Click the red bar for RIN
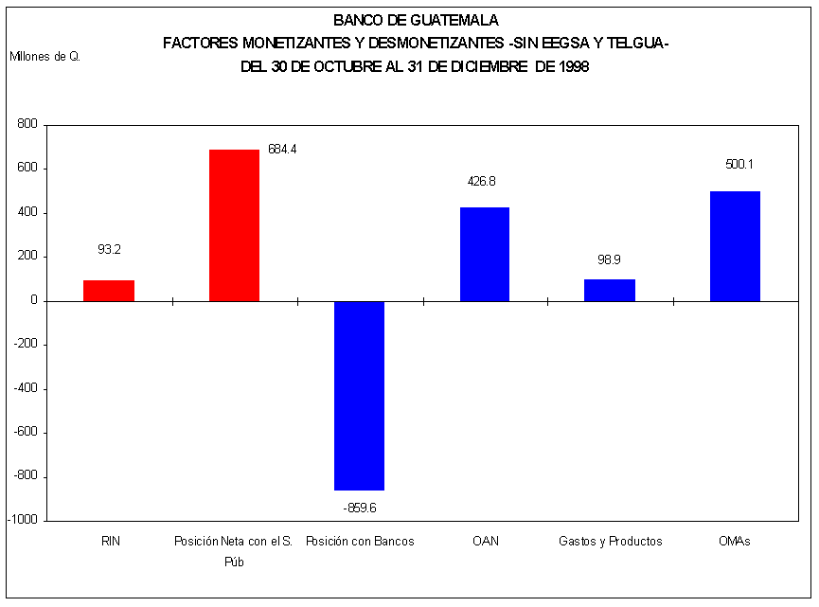(x=109, y=291)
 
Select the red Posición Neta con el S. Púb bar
(x=234, y=225)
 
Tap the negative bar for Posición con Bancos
(x=359, y=395)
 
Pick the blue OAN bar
(x=485, y=254)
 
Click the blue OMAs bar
(x=735, y=246)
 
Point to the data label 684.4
(x=282, y=150)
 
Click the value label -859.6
(x=359, y=508)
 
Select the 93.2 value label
(x=109, y=250)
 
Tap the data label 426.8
(x=483, y=181)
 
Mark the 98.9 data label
(x=609, y=259)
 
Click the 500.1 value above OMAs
(x=739, y=164)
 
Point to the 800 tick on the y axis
(x=27, y=124)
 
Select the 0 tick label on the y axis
(x=33, y=301)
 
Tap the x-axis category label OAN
(x=485, y=542)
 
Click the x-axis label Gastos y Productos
(x=610, y=542)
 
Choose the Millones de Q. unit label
(x=45, y=56)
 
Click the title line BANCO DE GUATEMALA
(x=416, y=19)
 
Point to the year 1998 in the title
(x=574, y=67)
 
